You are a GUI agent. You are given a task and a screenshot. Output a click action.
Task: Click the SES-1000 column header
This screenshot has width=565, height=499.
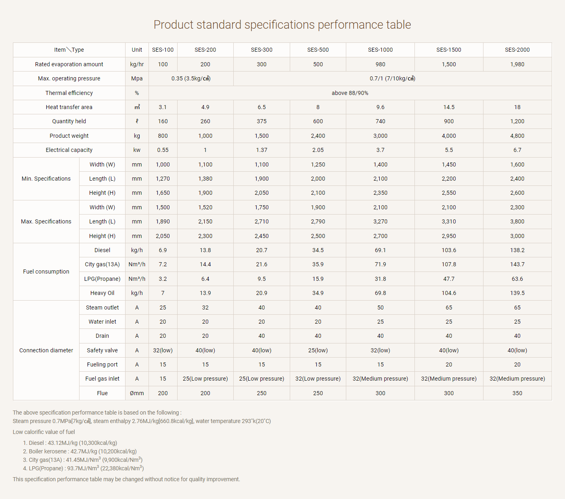[x=380, y=50]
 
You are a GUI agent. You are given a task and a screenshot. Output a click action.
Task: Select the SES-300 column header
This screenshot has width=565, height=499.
[x=261, y=50]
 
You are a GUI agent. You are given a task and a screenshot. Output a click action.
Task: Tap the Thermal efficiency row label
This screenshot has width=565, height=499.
[x=69, y=93]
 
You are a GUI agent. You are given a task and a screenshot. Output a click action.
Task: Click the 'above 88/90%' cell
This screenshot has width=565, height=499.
[x=350, y=93]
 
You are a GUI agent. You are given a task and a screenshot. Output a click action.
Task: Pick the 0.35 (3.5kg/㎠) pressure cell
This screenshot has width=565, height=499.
[x=191, y=78]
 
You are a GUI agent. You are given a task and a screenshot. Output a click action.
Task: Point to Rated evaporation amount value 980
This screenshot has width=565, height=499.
[x=380, y=64]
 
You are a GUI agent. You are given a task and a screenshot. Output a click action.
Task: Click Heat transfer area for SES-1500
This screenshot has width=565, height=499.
[x=449, y=107]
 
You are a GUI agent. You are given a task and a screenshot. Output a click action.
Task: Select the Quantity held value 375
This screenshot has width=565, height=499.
[x=261, y=122]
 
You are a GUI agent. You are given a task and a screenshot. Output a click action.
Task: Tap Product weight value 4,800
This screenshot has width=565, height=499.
[x=517, y=136]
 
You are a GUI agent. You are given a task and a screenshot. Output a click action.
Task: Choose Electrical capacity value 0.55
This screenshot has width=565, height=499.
[x=163, y=150]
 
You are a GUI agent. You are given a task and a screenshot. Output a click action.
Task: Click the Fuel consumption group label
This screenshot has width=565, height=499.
[x=46, y=272]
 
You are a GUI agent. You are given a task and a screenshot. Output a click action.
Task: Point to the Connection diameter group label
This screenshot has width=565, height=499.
[x=46, y=350]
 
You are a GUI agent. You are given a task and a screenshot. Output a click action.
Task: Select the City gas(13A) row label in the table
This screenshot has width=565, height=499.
[x=102, y=264]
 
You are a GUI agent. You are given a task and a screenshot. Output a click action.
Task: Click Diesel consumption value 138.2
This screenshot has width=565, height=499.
[x=517, y=250]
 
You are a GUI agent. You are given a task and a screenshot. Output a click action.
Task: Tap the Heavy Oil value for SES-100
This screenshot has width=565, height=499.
[x=163, y=293]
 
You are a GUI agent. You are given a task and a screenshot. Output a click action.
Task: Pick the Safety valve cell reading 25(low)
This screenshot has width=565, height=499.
[x=318, y=350]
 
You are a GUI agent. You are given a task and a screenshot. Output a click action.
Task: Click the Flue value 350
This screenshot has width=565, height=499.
[x=517, y=394]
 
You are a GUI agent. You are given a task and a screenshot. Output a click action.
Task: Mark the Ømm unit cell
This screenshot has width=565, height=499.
[x=137, y=394]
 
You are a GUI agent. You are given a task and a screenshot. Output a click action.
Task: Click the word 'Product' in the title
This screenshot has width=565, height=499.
[x=173, y=25]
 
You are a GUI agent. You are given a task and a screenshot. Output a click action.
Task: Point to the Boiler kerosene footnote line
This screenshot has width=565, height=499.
[x=80, y=452]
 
